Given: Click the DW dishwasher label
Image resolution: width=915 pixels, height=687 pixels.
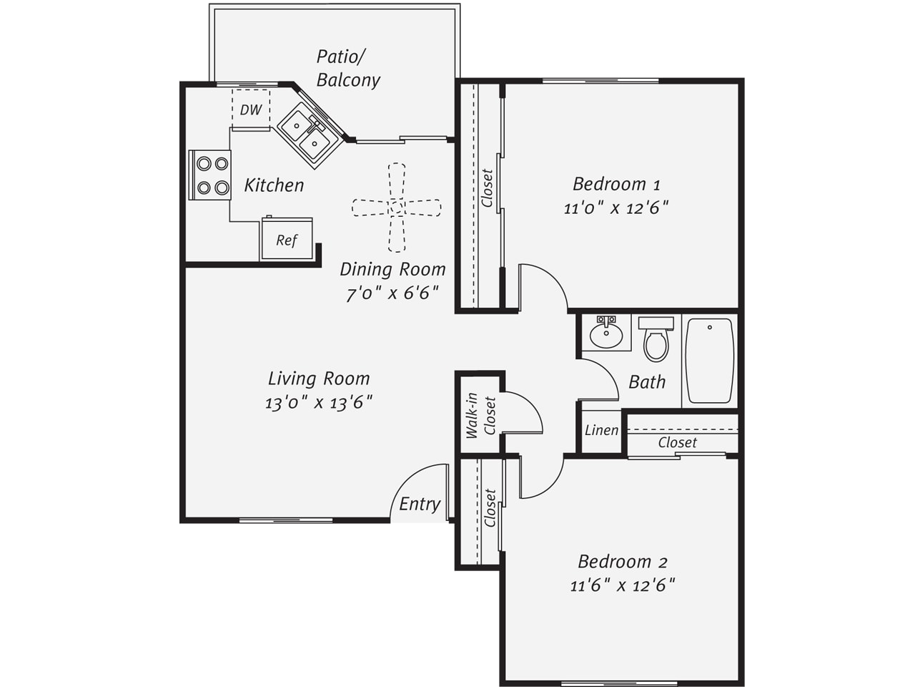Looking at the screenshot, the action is tap(251, 109).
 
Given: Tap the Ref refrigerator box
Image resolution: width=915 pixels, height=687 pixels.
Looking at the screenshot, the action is tap(287, 239).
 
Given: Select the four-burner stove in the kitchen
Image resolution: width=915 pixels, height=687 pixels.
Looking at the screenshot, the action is tap(209, 175).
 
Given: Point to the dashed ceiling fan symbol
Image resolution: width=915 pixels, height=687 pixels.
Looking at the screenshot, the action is tap(397, 208).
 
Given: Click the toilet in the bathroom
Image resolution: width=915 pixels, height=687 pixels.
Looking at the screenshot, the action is tap(656, 338).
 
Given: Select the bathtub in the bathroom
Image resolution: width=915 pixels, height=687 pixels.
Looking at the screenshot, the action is tap(710, 361).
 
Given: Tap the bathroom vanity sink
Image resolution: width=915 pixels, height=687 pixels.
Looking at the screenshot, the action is tap(606, 333).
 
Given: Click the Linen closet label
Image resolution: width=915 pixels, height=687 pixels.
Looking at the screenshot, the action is tap(601, 430).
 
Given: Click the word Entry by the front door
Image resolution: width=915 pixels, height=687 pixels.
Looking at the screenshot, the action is tap(420, 505).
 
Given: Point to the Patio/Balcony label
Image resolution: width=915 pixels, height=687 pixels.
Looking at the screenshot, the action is tap(348, 68).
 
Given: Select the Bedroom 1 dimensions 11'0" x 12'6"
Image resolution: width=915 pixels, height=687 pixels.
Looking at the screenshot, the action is tap(616, 208).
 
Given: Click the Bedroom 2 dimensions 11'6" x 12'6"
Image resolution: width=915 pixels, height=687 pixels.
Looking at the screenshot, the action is tap(623, 585).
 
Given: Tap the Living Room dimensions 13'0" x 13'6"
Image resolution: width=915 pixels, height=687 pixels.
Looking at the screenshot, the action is tap(319, 402).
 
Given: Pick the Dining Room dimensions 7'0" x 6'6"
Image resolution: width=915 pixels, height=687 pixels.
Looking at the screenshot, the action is tap(392, 293).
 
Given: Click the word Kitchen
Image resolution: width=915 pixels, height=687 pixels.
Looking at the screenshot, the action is tap(274, 185).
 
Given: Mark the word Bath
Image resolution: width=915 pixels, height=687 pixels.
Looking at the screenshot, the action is tap(647, 381).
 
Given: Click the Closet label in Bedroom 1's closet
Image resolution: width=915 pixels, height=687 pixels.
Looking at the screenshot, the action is tap(487, 187).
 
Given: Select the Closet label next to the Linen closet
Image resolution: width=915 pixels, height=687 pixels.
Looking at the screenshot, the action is tap(678, 442).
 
